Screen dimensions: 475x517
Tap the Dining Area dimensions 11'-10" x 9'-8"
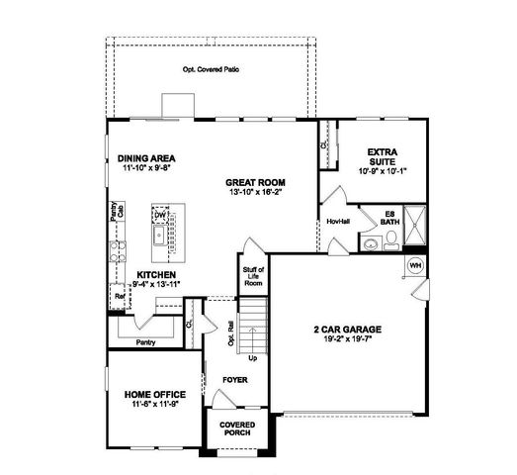point(146,169)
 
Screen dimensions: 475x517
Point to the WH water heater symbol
point(414,265)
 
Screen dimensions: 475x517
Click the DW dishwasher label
point(158,215)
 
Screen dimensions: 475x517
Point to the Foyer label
point(234,379)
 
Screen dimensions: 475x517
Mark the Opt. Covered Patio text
point(213,70)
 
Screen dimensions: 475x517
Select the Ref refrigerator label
point(120,295)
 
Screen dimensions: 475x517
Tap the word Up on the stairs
point(253,357)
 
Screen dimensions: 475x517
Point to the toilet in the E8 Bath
point(369,244)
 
